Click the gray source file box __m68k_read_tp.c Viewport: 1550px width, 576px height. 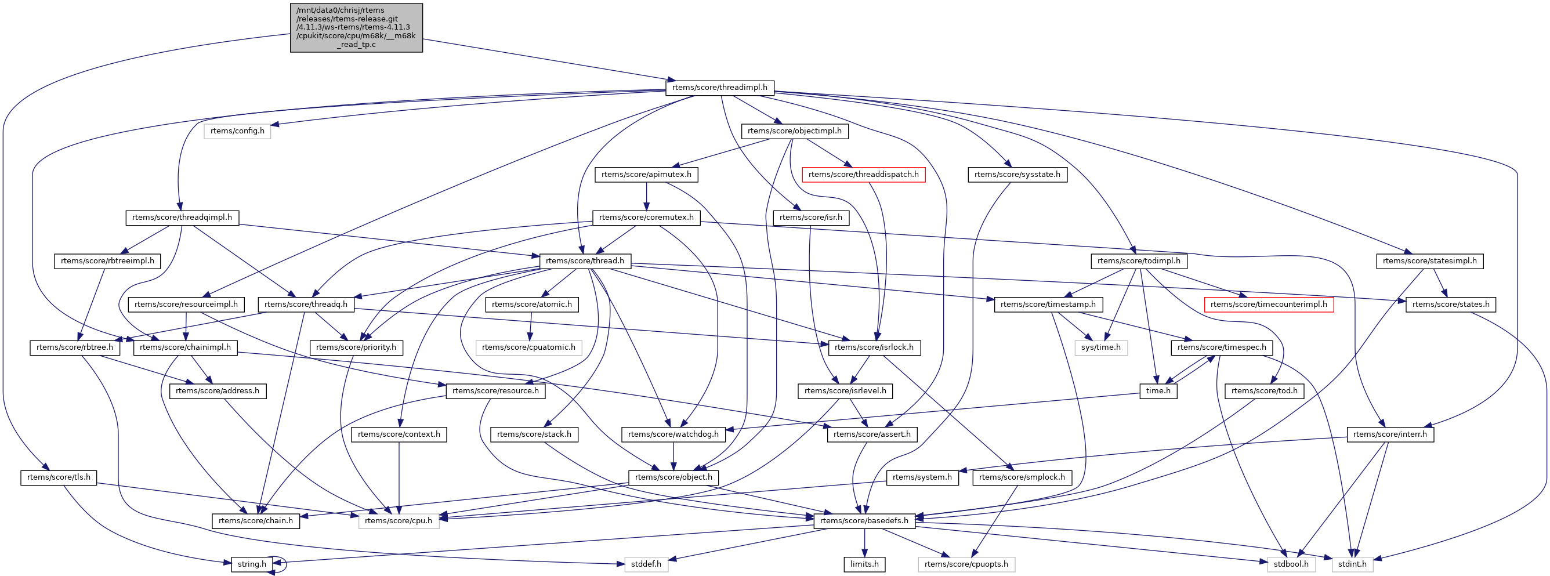pyautogui.click(x=356, y=28)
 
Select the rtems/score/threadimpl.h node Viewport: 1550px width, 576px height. pyautogui.click(x=720, y=87)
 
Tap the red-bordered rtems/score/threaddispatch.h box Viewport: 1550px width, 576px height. pyautogui.click(x=863, y=175)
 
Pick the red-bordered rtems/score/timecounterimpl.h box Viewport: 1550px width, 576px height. pyautogui.click(x=1269, y=305)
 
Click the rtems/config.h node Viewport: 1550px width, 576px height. pyautogui.click(x=237, y=131)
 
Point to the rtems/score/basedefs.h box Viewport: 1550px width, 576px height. pyautogui.click(x=865, y=521)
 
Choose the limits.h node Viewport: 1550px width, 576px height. pyautogui.click(x=865, y=564)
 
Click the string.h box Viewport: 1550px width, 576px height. pyautogui.click(x=252, y=564)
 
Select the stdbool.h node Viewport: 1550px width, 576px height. pyautogui.click(x=1291, y=564)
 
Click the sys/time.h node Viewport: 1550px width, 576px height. pyautogui.click(x=1100, y=348)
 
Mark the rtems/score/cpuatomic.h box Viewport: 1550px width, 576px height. pyautogui.click(x=528, y=348)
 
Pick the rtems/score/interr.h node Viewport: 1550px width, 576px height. pyautogui.click(x=1390, y=434)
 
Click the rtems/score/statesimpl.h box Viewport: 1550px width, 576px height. pyautogui.click(x=1430, y=261)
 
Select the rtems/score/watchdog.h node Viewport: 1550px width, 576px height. pyautogui.click(x=673, y=434)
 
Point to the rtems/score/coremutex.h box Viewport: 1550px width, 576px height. pyautogui.click(x=646, y=218)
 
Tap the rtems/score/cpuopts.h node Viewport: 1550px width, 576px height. pyautogui.click(x=966, y=564)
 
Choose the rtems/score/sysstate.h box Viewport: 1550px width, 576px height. pyautogui.click(x=1017, y=175)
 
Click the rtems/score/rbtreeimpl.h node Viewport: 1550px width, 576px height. pyautogui.click(x=107, y=261)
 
